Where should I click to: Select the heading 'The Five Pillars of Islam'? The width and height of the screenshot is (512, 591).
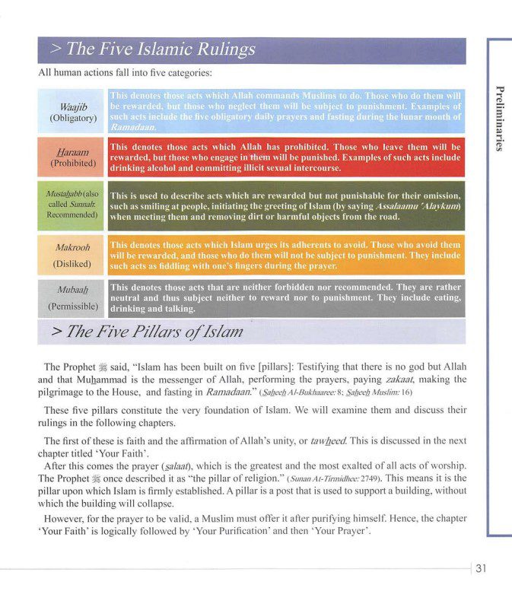tap(146, 332)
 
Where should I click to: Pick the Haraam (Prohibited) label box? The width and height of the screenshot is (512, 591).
tap(72, 156)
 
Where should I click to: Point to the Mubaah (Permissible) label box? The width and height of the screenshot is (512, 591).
tap(72, 297)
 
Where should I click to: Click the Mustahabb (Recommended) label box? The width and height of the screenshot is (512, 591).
tap(72, 205)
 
